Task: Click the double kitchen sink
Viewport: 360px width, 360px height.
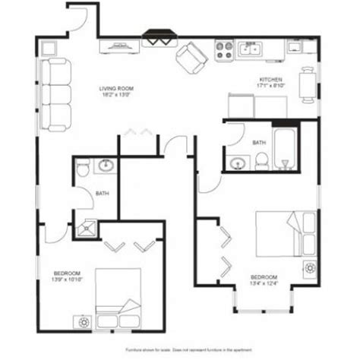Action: click(250, 50)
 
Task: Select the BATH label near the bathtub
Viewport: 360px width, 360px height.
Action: click(258, 142)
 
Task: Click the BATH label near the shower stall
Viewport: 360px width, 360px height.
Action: click(101, 194)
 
